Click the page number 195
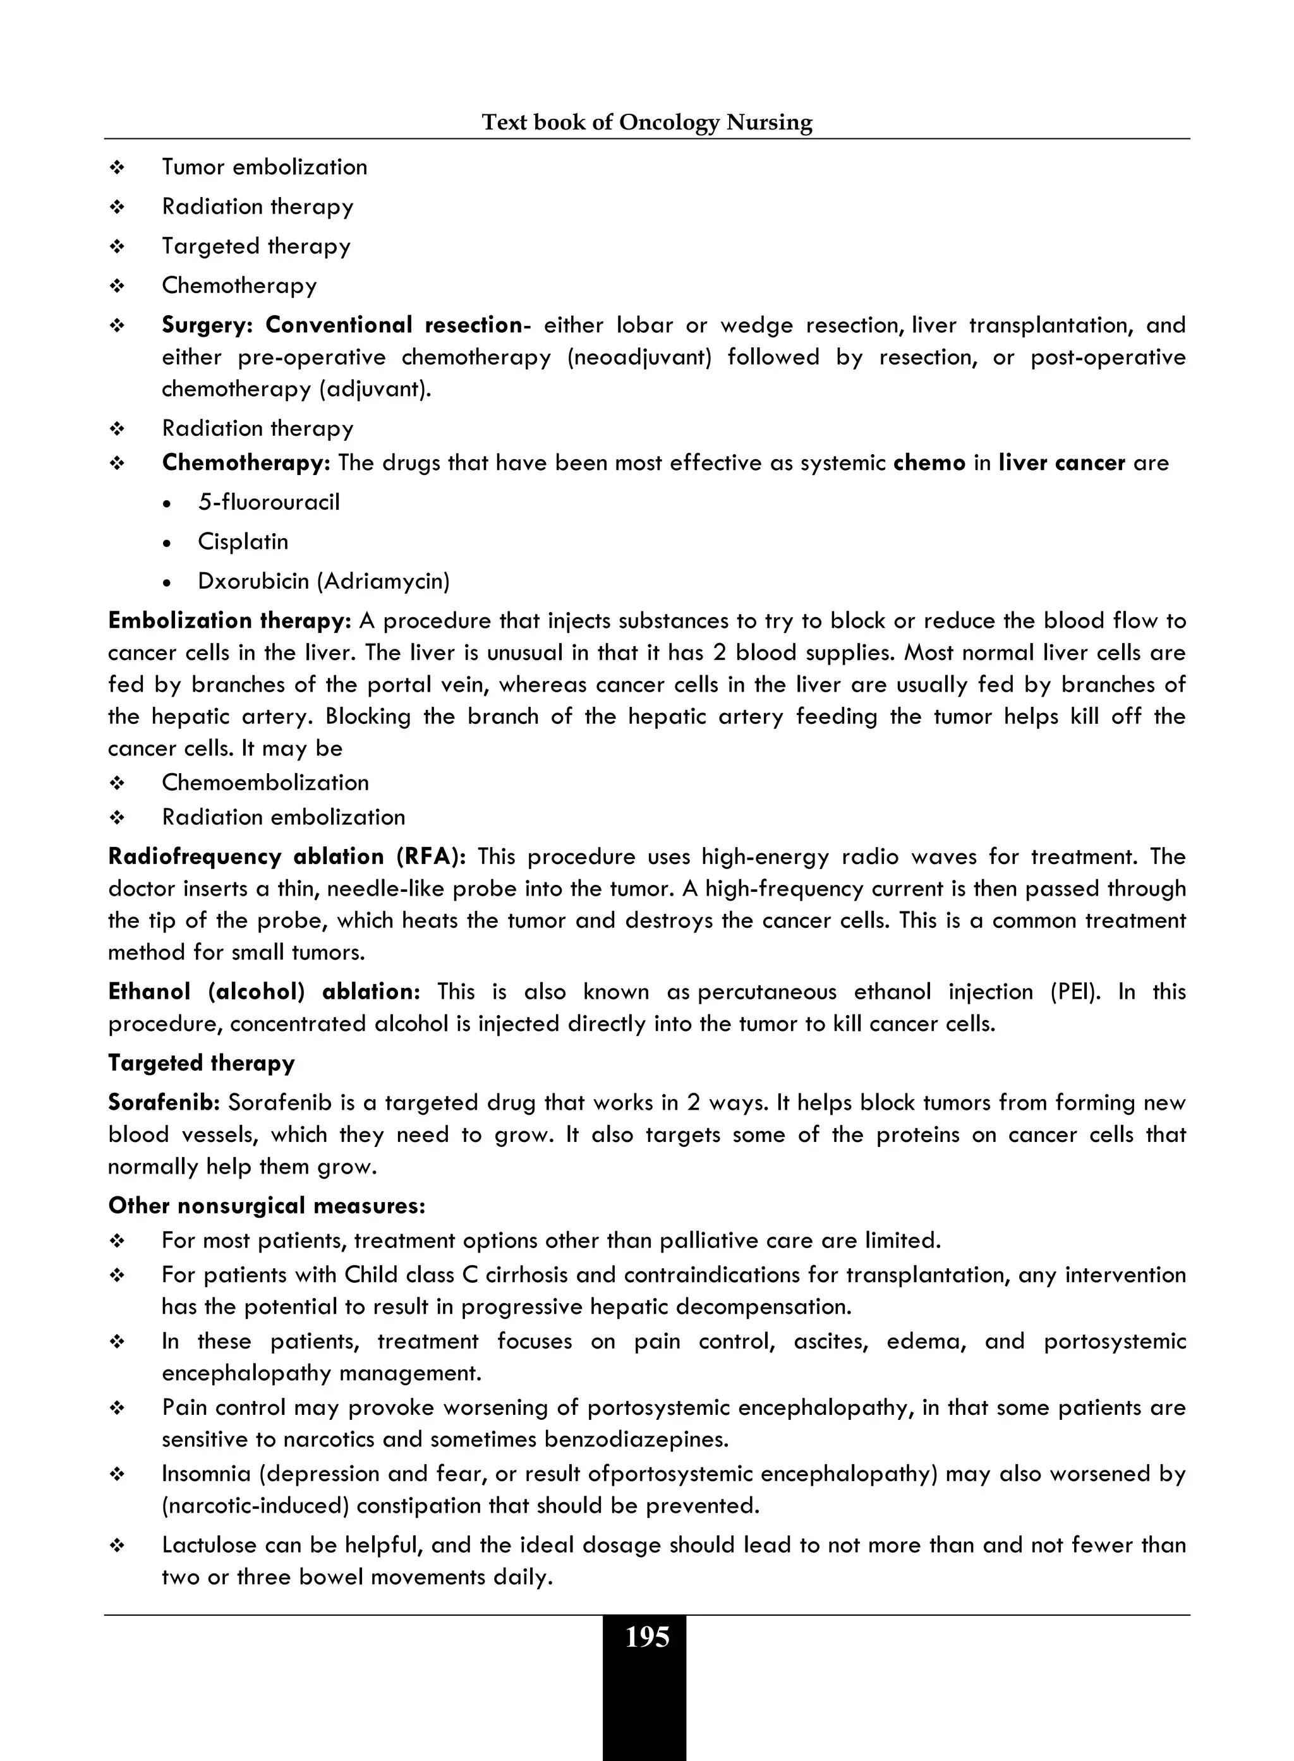pyautogui.click(x=647, y=1637)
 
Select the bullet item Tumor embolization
pyautogui.click(x=264, y=167)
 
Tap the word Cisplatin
pyautogui.click(x=243, y=541)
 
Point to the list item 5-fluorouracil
pyautogui.click(x=269, y=502)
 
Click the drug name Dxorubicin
pyautogui.click(x=254, y=581)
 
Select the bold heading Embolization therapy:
pyautogui.click(x=229, y=621)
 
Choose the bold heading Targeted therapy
pyautogui.click(x=202, y=1063)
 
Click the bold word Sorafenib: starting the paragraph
pyautogui.click(x=164, y=1103)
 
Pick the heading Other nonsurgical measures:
pyautogui.click(x=267, y=1206)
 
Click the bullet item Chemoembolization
pyautogui.click(x=265, y=783)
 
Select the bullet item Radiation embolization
pyautogui.click(x=283, y=817)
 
